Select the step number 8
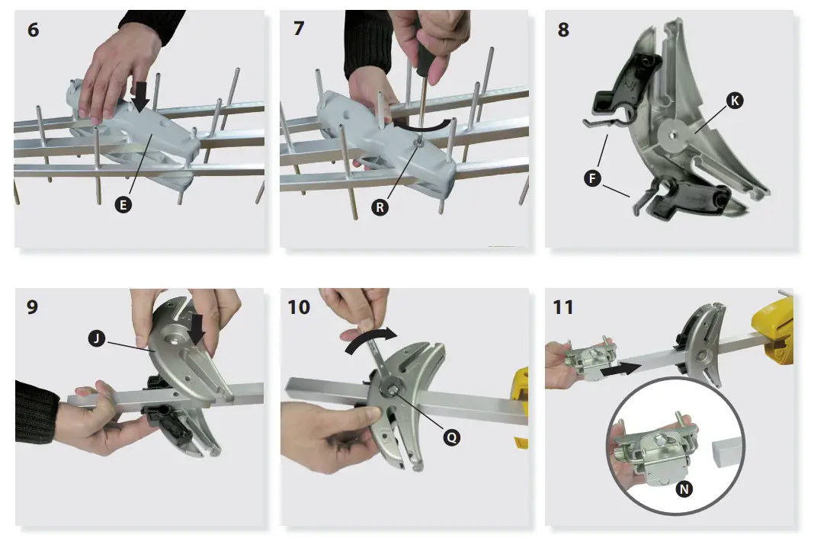pos(563,31)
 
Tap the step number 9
pos(32,307)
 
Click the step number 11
pos(563,307)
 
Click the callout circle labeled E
pos(120,205)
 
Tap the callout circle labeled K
pos(734,101)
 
